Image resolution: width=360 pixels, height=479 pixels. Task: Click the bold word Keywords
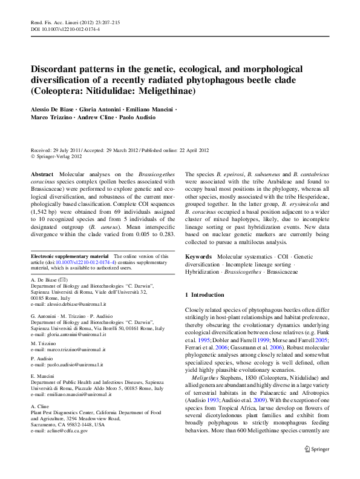(198, 257)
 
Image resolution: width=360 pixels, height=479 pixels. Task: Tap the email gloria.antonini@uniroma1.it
(76, 334)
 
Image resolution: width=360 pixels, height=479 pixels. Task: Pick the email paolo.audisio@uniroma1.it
(75, 365)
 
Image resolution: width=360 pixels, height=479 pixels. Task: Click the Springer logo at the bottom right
(316, 465)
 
